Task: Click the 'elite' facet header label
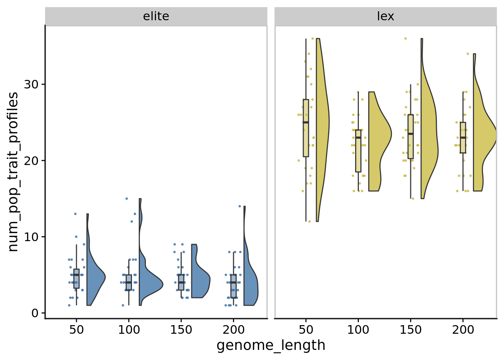156,16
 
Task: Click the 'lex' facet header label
385,16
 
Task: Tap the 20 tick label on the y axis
31,160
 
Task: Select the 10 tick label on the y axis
31,237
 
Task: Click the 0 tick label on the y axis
36,313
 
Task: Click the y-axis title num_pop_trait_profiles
13,172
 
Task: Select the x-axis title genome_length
271,345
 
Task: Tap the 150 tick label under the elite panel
181,330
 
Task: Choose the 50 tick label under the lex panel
306,330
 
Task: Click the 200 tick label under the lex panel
463,330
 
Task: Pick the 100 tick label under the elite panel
129,330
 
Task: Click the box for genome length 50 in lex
306,127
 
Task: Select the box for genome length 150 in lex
411,137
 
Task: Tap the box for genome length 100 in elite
129,282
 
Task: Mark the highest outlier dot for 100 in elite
126,198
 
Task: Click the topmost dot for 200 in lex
468,54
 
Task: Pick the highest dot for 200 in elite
240,206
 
